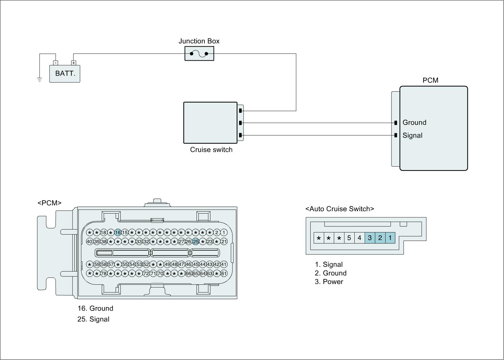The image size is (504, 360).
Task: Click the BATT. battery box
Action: pos(65,74)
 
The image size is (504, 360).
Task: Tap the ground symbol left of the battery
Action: pos(40,79)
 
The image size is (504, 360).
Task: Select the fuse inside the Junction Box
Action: pos(199,54)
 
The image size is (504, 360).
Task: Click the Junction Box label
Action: pos(199,41)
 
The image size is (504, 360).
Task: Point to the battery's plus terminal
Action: pos(74,63)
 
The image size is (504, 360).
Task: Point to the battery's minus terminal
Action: pos(55,63)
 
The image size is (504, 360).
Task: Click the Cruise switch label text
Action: pos(211,150)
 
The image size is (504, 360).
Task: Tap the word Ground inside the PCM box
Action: pos(414,123)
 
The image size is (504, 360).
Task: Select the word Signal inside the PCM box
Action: pos(412,135)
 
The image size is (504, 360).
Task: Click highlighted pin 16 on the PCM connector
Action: pos(118,233)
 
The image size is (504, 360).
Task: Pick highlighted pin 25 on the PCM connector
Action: pos(196,242)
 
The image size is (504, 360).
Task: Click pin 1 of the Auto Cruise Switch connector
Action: pos(390,238)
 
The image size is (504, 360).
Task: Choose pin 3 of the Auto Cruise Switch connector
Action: pos(370,238)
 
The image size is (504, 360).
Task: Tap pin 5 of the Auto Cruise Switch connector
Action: pos(349,238)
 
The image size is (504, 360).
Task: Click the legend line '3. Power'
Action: pos(329,282)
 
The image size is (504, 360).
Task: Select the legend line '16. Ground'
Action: pos(95,308)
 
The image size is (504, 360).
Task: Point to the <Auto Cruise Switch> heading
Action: pos(340,209)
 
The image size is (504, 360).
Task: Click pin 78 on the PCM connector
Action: pos(104,273)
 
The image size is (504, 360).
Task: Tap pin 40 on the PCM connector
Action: pos(89,242)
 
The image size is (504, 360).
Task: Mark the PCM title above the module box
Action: pos(430,80)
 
